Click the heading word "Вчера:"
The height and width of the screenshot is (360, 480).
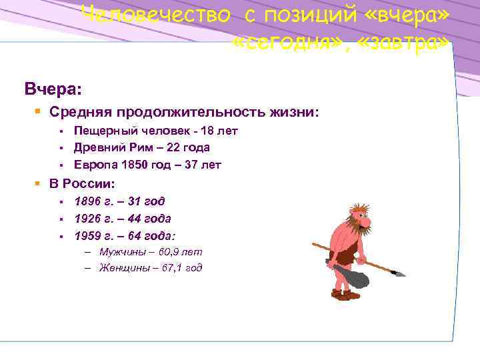click(x=51, y=89)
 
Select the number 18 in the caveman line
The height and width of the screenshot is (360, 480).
click(x=211, y=131)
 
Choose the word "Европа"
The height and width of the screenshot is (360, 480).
click(x=93, y=165)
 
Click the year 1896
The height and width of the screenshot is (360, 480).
click(x=87, y=201)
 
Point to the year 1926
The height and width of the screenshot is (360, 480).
click(x=87, y=219)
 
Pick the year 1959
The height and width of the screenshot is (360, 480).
click(x=87, y=236)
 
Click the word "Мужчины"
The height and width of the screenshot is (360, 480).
click(x=120, y=253)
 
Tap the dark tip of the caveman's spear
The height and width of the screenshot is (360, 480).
click(x=400, y=272)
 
